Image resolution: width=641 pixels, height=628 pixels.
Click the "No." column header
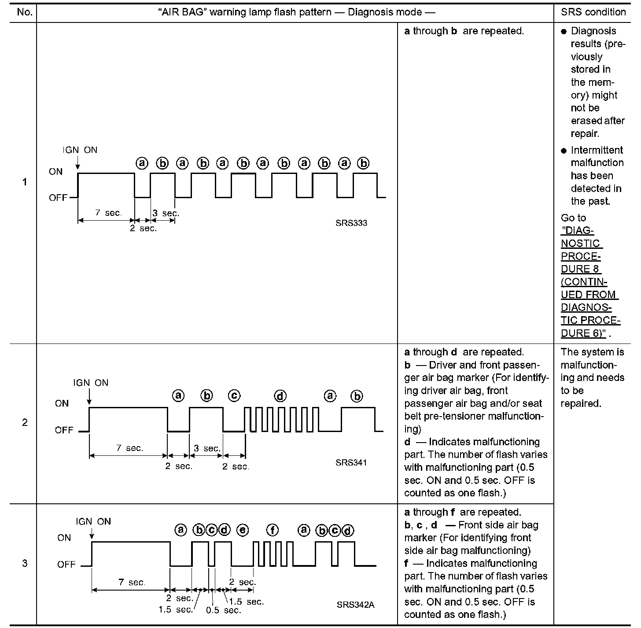(25, 12)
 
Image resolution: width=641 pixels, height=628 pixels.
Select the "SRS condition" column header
(593, 12)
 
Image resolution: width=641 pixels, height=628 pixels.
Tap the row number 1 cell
(25, 182)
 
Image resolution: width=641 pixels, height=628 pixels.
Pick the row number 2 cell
(25, 423)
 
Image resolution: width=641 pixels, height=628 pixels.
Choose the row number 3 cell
(25, 563)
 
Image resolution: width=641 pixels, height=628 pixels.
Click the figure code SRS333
(351, 223)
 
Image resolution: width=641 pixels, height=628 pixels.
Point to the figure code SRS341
(351, 462)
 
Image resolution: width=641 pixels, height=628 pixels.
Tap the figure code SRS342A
(355, 604)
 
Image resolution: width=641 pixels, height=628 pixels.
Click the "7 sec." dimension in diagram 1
(108, 213)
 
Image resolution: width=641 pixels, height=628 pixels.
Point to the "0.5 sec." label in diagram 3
(224, 610)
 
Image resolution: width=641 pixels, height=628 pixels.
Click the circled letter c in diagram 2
(234, 396)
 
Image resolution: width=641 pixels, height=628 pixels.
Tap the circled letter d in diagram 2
(280, 396)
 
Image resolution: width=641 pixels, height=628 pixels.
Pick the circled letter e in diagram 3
(243, 530)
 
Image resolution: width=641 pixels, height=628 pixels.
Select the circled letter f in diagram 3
(273, 530)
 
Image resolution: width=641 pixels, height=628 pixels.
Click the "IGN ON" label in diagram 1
(80, 150)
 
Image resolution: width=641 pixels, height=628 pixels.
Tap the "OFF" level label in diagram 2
(64, 430)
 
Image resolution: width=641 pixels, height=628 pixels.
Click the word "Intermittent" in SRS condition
(597, 150)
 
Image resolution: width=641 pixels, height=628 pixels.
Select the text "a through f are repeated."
(463, 512)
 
